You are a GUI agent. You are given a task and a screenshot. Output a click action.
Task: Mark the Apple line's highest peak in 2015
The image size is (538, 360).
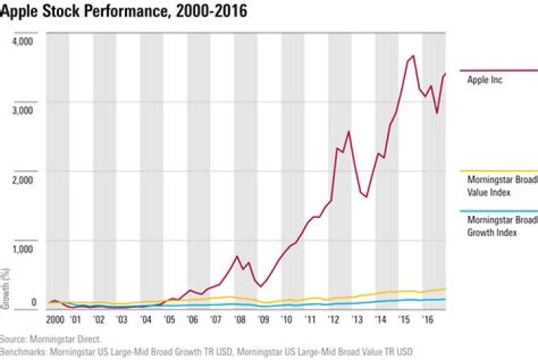(x=413, y=56)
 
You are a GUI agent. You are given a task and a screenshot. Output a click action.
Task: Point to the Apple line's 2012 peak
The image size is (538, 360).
(x=348, y=131)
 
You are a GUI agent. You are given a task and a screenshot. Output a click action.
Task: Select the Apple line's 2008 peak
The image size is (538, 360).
(x=237, y=256)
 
